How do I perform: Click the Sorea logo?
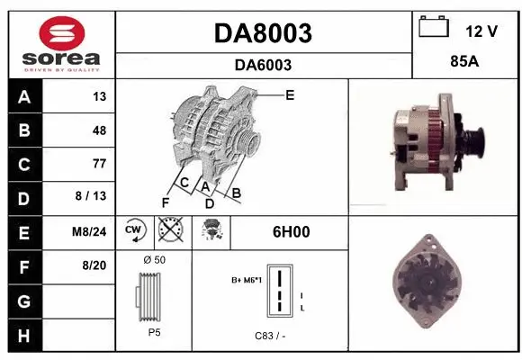(x=58, y=40)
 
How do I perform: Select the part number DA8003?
(x=263, y=33)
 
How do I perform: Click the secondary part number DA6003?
(x=263, y=65)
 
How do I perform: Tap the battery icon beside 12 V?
(x=435, y=28)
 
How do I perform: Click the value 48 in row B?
(x=98, y=130)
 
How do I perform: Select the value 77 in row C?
(x=98, y=164)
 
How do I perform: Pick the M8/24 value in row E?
(x=89, y=231)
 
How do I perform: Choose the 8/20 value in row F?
(x=94, y=265)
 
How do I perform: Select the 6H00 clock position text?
(x=291, y=231)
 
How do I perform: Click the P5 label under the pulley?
(x=154, y=332)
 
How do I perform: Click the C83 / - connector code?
(x=270, y=336)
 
